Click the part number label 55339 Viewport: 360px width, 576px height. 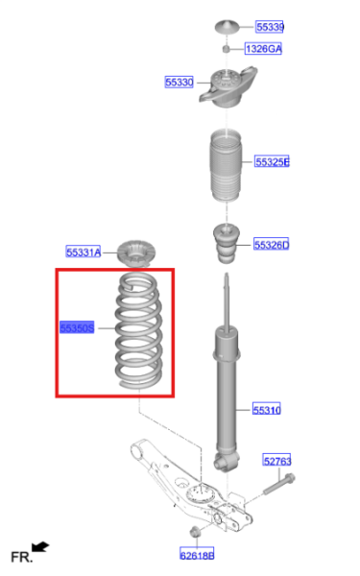[x=270, y=27]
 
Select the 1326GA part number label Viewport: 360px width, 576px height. [x=262, y=48]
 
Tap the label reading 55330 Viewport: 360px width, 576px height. [x=180, y=83]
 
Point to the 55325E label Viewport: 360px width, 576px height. [x=272, y=161]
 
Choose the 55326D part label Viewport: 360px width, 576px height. [x=271, y=245]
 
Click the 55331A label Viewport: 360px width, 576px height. [x=83, y=252]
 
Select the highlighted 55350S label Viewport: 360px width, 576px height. [x=76, y=327]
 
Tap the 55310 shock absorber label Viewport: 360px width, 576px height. [x=267, y=410]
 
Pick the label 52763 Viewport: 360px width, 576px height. [x=276, y=462]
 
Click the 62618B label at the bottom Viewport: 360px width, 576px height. [x=197, y=554]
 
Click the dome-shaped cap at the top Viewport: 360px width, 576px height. [x=226, y=25]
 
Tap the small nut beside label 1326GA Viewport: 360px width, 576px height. [x=226, y=48]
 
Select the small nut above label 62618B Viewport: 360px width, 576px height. [x=196, y=530]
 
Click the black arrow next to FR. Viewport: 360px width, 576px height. [x=41, y=547]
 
